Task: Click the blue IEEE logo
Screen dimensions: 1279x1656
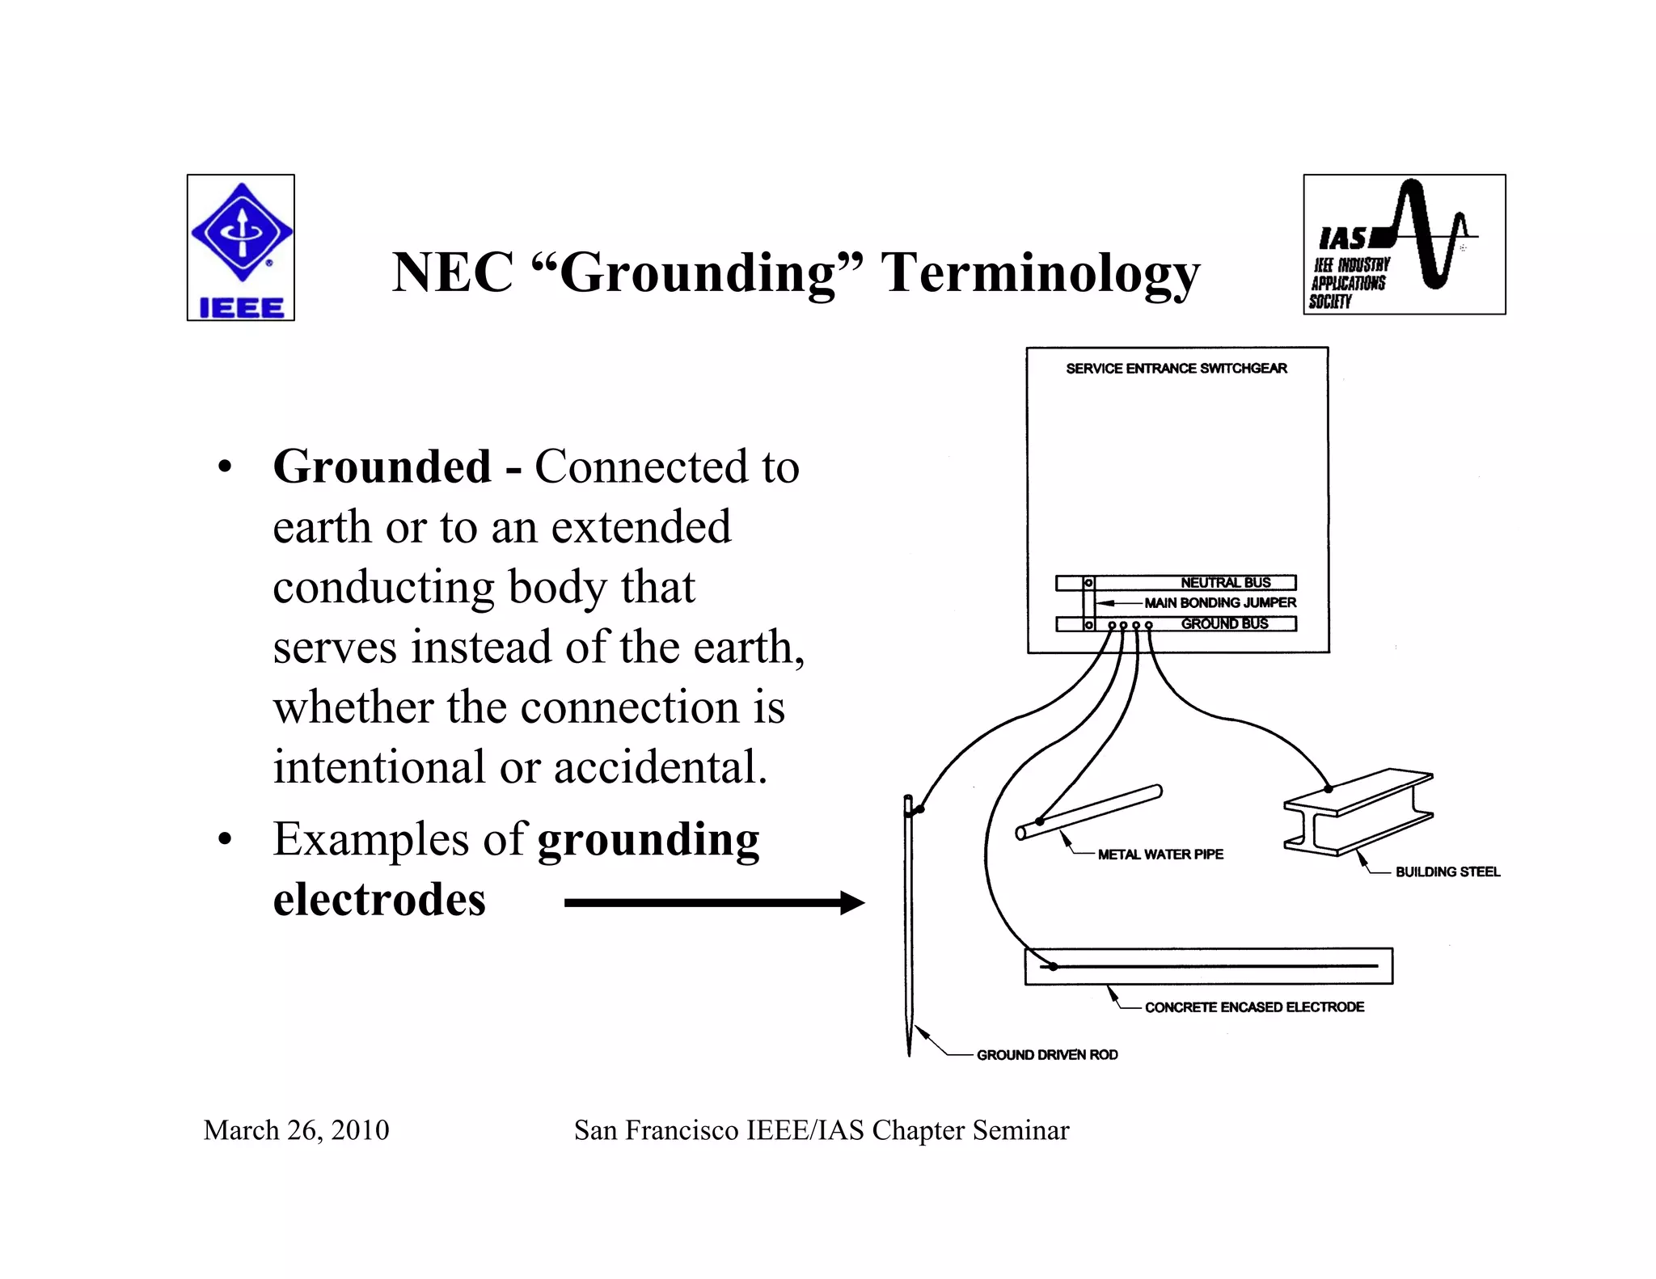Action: coord(241,247)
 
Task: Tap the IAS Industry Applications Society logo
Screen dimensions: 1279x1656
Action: coord(1404,244)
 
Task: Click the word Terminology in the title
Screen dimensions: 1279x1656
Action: coord(1040,272)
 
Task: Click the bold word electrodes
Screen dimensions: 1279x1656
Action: coord(379,899)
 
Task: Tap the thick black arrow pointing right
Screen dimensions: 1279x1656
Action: coord(714,902)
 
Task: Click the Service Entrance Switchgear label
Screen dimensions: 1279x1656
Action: coord(1177,369)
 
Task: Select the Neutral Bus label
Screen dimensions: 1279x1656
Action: coord(1225,583)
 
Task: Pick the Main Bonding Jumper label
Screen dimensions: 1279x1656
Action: coord(1219,603)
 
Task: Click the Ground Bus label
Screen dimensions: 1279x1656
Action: coord(1224,623)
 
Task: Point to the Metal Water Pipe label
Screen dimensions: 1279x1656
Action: coord(1160,855)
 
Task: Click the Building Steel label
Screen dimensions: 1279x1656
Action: coord(1447,872)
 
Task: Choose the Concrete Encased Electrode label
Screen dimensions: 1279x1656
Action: coord(1254,1007)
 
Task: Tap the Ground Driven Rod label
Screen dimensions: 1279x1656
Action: coord(1047,1055)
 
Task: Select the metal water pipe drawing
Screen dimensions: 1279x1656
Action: coord(1089,812)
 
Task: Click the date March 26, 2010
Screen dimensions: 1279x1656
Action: coord(296,1130)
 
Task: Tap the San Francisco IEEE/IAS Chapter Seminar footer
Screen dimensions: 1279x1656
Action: coord(822,1130)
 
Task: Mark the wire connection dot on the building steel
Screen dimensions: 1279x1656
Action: coord(1329,788)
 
